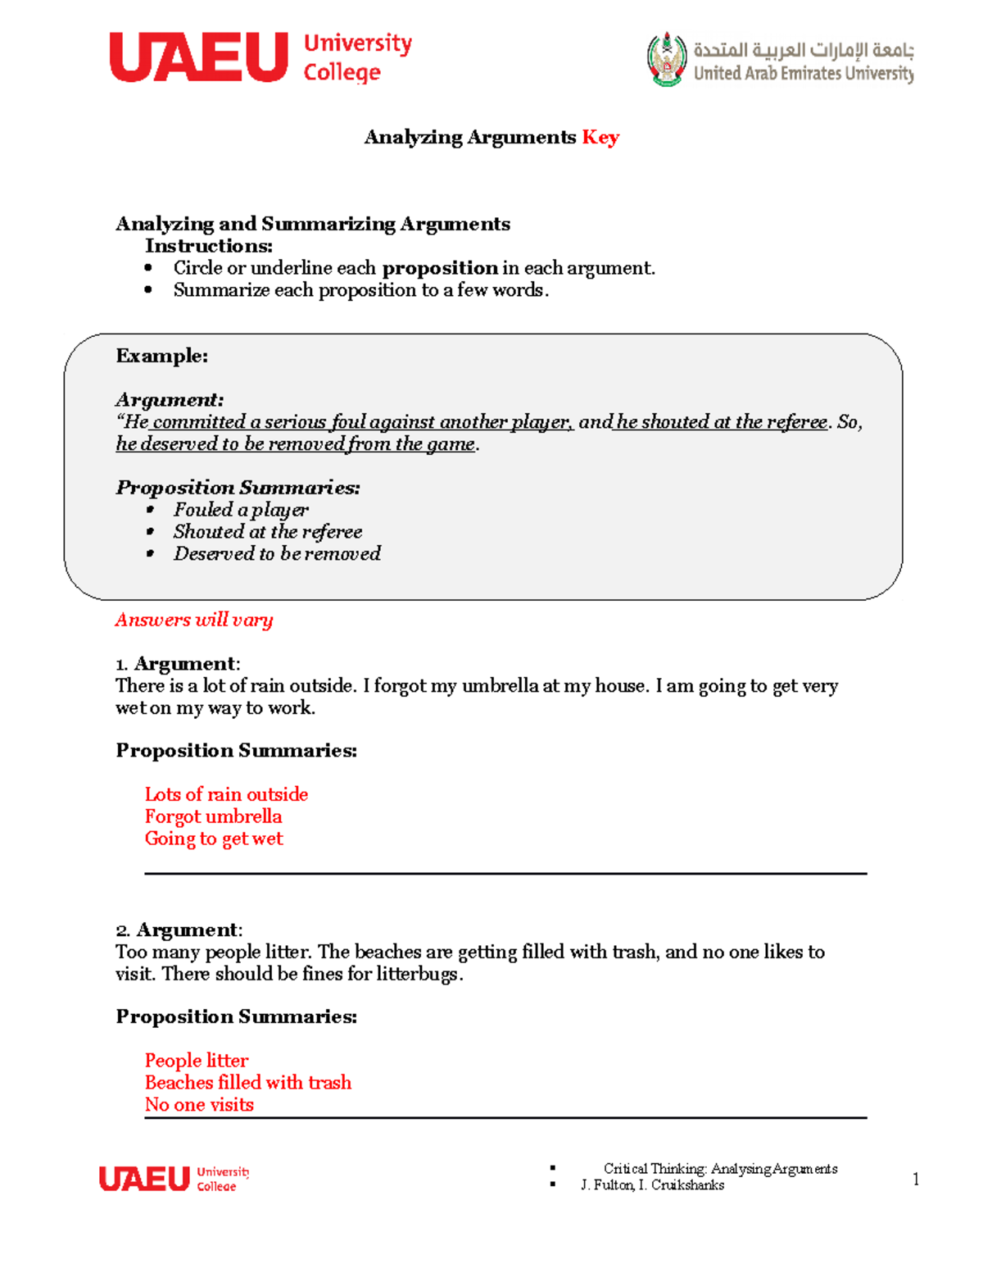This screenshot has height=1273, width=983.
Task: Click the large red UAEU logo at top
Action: point(199,57)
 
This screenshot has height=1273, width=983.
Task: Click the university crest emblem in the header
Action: point(667,59)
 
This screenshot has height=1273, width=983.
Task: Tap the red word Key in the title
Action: point(600,137)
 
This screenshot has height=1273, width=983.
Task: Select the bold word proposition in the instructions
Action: point(440,268)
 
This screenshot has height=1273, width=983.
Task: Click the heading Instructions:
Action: point(209,246)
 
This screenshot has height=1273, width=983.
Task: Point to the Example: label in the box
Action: point(161,356)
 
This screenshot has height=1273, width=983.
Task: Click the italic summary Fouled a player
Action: point(241,510)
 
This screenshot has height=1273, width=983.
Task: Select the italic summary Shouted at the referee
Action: point(267,532)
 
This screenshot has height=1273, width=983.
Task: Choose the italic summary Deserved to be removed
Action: point(277,554)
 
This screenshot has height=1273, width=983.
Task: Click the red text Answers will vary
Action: point(194,620)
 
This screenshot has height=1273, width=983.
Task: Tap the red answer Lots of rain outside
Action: point(226,794)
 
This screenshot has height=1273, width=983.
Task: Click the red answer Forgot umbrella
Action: point(213,816)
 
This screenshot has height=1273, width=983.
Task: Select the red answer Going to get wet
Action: point(214,839)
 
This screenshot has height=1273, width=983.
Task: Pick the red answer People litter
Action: point(197,1061)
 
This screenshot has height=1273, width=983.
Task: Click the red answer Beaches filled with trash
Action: point(248,1083)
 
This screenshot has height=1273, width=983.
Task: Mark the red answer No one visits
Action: point(199,1105)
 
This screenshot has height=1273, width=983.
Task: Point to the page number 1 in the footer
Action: point(915,1180)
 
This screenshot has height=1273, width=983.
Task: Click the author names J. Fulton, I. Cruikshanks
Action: point(652,1185)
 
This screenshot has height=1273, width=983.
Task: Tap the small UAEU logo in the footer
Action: point(174,1179)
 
